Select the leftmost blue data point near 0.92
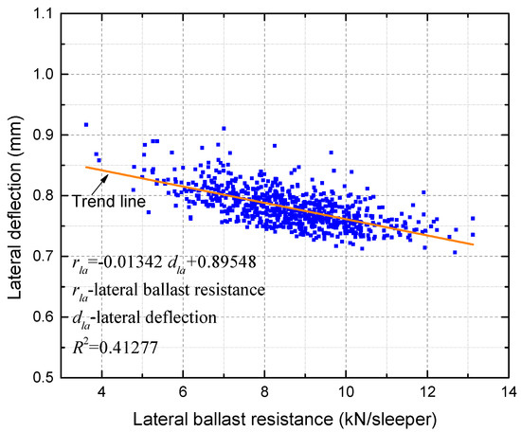pyautogui.click(x=86, y=124)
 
